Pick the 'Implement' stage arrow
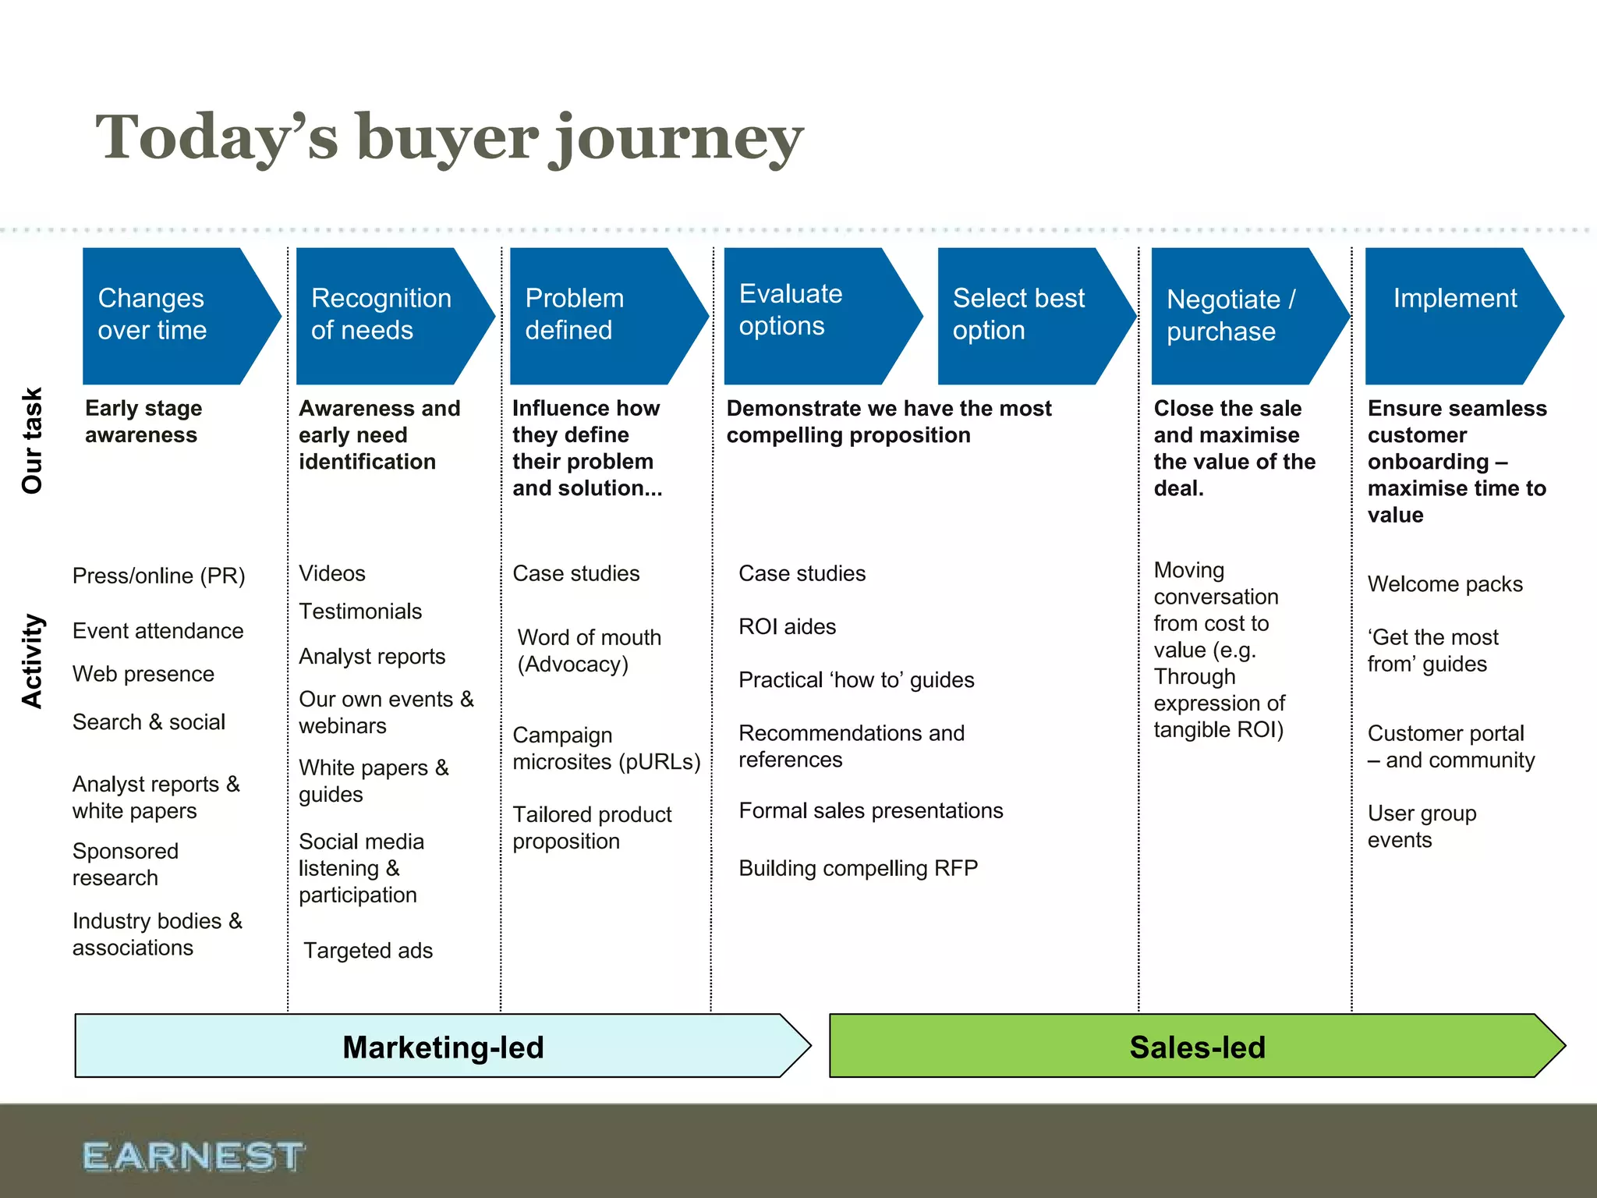tap(1455, 315)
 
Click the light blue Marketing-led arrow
tap(442, 1047)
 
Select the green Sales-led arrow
tap(1196, 1047)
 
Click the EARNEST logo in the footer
tap(193, 1156)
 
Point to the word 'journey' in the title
tap(676, 139)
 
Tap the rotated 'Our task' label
tap(32, 441)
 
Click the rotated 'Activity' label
tap(32, 661)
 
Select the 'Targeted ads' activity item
tap(367, 950)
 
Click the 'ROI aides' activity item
tap(787, 626)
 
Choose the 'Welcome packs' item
tap(1444, 583)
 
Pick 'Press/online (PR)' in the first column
tap(158, 576)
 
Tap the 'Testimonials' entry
tap(359, 611)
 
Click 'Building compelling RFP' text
tap(858, 868)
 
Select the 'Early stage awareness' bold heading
tap(143, 421)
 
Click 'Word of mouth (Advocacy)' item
tap(589, 650)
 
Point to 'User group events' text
tap(1421, 826)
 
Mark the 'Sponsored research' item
tap(125, 863)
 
